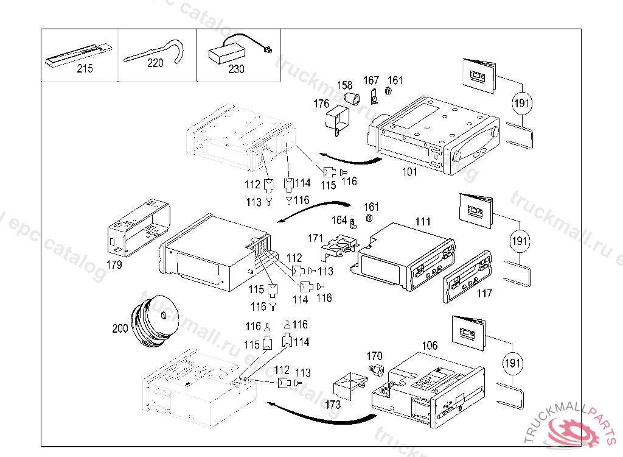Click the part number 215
pos(85,69)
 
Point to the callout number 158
pos(345,86)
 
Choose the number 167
pos(371,80)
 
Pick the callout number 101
pos(410,172)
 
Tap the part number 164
pos(339,220)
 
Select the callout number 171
pos(315,237)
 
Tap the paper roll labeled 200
pos(156,323)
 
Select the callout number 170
pos(374,356)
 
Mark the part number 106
pos(430,345)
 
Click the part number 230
pos(236,69)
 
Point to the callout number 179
pos(114,265)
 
